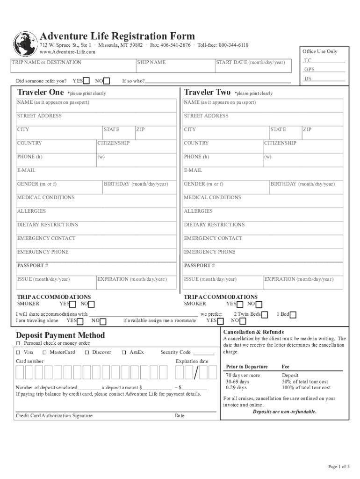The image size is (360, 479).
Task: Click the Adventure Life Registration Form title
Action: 117,36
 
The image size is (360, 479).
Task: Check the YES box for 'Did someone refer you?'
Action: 86,81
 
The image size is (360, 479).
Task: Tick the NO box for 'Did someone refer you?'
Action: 107,81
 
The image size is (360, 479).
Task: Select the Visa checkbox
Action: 18,352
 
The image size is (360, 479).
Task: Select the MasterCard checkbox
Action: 44,352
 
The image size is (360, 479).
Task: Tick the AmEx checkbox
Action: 124,352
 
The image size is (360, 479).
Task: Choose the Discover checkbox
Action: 87,352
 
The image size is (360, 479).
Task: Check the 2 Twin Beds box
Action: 265,315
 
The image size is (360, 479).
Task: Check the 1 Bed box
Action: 293,315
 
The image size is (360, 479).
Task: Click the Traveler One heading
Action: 40,92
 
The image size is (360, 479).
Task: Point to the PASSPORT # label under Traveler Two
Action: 200,266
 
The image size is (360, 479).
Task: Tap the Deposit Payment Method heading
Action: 60,335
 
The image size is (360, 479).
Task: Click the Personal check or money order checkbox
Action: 18,343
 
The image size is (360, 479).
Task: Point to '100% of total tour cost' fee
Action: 306,388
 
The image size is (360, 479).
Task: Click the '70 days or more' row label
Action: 243,375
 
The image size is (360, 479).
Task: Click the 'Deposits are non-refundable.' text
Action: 284,412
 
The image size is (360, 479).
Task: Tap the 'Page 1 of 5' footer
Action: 338,467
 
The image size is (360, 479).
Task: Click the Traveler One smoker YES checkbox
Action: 72,305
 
